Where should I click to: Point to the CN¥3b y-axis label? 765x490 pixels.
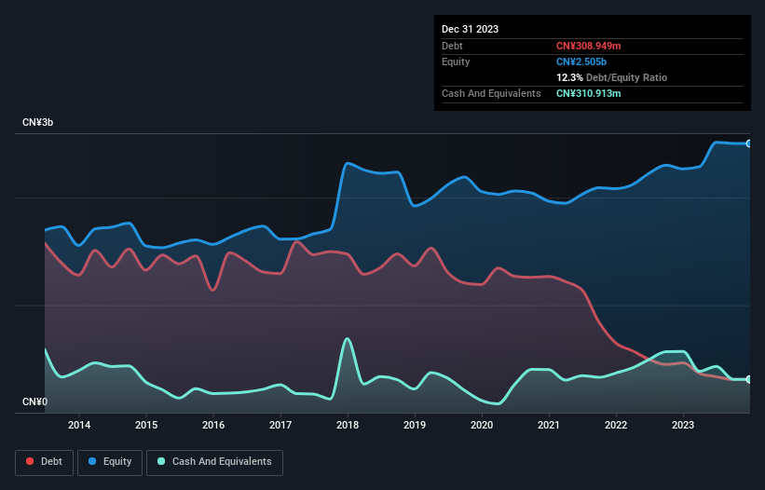pyautogui.click(x=38, y=123)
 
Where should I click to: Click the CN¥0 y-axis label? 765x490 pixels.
pyautogui.click(x=35, y=402)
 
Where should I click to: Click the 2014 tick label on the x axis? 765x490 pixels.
pyautogui.click(x=79, y=426)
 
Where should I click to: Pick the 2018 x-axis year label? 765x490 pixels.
pyautogui.click(x=348, y=426)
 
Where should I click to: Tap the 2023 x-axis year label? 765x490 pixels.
pyautogui.click(x=683, y=426)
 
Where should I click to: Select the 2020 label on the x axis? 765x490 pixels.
pyautogui.click(x=482, y=426)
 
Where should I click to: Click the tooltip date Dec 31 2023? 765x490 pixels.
pyautogui.click(x=471, y=29)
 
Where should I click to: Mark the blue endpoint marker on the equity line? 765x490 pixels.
pyautogui.click(x=749, y=143)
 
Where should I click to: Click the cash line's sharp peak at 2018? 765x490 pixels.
pyautogui.click(x=348, y=338)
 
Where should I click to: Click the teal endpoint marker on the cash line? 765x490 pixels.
pyautogui.click(x=749, y=379)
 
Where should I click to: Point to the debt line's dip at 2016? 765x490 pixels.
pyautogui.click(x=213, y=291)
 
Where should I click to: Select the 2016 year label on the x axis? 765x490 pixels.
pyautogui.click(x=213, y=426)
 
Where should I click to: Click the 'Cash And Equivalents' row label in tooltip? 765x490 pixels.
pyautogui.click(x=491, y=93)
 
